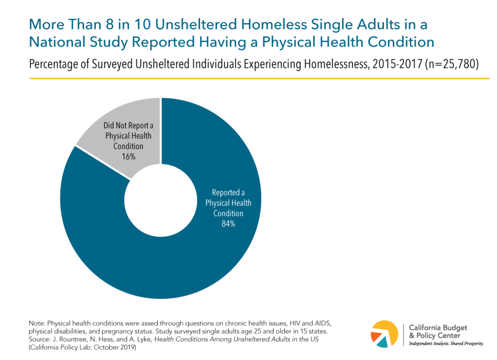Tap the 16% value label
point(128,157)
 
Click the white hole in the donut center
point(161,199)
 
